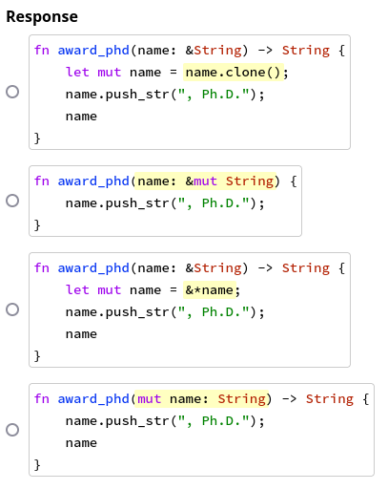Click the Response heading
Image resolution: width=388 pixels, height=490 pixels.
click(x=42, y=16)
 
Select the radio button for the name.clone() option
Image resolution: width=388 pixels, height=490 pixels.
click(x=12, y=92)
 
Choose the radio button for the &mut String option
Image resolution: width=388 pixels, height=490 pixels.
click(x=12, y=201)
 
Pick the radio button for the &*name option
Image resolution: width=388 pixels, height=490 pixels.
click(x=12, y=309)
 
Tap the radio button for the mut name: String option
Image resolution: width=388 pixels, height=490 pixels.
click(x=12, y=430)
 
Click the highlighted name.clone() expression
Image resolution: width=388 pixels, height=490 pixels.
click(x=234, y=73)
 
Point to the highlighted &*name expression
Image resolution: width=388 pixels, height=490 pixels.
click(x=210, y=290)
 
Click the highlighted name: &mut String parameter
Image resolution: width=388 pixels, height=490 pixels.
click(x=205, y=181)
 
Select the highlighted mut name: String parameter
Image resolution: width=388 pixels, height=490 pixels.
click(x=201, y=399)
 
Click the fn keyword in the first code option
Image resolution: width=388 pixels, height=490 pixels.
click(x=42, y=51)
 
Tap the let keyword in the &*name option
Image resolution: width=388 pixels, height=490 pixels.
click(x=77, y=290)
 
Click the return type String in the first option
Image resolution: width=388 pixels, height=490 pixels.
click(x=306, y=51)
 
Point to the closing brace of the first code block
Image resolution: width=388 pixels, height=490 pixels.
click(x=37, y=138)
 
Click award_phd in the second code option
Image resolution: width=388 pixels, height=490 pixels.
click(x=93, y=181)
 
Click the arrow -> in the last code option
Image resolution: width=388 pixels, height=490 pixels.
click(x=289, y=399)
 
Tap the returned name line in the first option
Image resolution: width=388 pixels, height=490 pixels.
click(x=81, y=117)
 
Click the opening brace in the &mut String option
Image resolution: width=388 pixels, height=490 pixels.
click(x=294, y=181)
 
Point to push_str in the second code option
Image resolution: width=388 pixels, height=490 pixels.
click(x=137, y=203)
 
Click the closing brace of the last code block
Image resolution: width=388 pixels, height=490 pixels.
click(x=37, y=465)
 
